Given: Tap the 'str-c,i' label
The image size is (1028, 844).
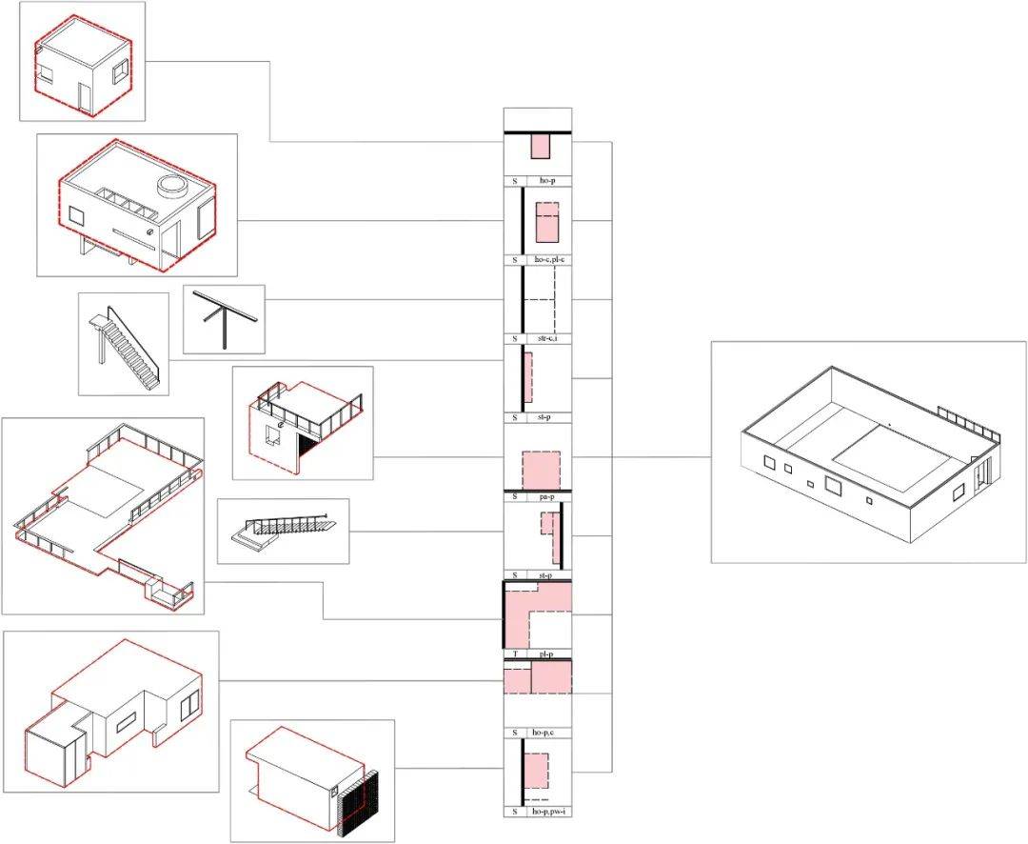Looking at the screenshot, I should click(548, 338).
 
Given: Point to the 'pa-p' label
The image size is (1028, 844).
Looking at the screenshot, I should click(548, 496).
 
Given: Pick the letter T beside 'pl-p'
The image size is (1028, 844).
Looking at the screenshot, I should click(514, 654).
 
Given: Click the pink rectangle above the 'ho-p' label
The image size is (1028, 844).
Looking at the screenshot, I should click(540, 146).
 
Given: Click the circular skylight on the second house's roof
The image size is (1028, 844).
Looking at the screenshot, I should click(171, 186).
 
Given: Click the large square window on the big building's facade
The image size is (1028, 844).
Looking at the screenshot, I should click(833, 486).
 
